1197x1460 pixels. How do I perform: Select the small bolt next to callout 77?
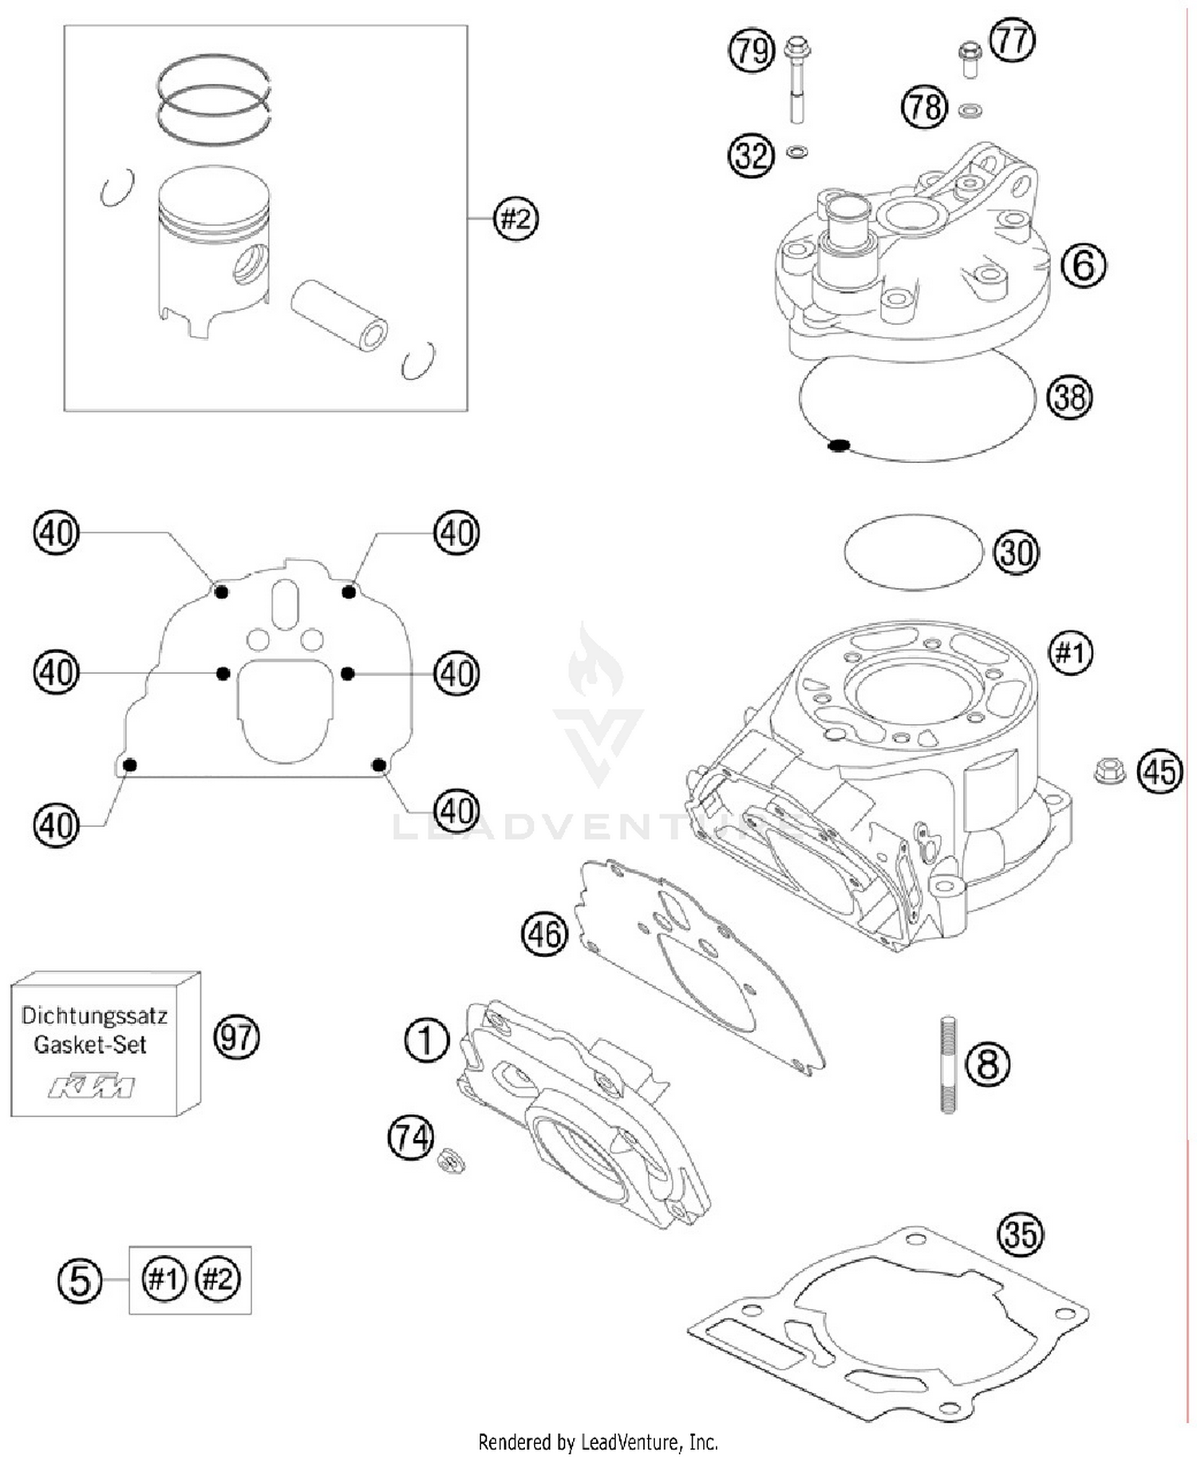tap(968, 60)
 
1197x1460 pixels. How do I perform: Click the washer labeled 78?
tap(970, 110)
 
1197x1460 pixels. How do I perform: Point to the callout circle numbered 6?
tap(1083, 264)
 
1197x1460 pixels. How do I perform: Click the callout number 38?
tap(1069, 397)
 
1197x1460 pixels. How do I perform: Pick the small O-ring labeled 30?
tap(914, 552)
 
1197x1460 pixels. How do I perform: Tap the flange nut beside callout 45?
tap(1108, 770)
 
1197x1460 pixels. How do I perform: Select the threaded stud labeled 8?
tap(948, 1064)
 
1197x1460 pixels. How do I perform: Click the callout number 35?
tap(1021, 1233)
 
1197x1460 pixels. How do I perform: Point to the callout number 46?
tap(544, 933)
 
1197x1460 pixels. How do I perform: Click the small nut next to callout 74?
tap(452, 1160)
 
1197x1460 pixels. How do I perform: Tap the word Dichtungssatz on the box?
tap(94, 1016)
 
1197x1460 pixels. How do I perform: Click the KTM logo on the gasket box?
tap(91, 1086)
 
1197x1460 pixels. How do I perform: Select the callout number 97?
tap(237, 1038)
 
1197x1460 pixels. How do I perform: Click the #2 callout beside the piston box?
tap(516, 218)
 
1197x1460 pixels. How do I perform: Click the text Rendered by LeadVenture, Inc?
tap(598, 1442)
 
